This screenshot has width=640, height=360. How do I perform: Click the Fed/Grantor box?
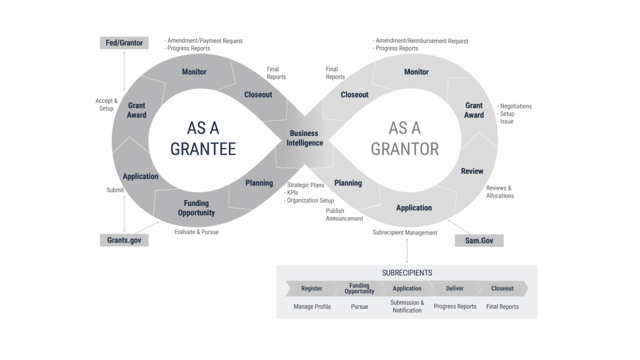coord(124,43)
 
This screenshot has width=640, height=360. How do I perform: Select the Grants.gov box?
coord(124,240)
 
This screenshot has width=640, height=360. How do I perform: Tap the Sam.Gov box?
coord(478,240)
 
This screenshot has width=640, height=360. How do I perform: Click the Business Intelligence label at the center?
coord(304,138)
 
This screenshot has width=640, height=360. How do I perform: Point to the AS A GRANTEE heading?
coord(203,138)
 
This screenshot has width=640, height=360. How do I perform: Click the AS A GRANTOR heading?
coord(404,138)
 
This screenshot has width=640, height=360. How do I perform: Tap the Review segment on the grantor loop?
coord(471,171)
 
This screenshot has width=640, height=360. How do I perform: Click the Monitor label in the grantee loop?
coord(194,72)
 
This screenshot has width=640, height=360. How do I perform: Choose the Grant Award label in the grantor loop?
coord(473,110)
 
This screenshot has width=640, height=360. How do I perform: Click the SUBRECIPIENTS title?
coord(407,273)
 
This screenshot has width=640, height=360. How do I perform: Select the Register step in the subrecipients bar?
coord(311,288)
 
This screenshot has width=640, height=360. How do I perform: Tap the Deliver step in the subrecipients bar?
coord(454,288)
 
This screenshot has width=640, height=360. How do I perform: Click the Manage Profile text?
coord(312,306)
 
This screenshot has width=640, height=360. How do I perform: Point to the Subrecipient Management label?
coord(404,232)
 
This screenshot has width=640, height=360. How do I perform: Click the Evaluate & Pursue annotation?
coord(196,232)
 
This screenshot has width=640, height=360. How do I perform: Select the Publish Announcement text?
coord(344,214)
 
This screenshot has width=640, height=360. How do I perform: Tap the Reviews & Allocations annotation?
coord(499,192)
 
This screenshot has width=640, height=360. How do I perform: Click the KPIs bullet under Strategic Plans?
coord(292,192)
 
